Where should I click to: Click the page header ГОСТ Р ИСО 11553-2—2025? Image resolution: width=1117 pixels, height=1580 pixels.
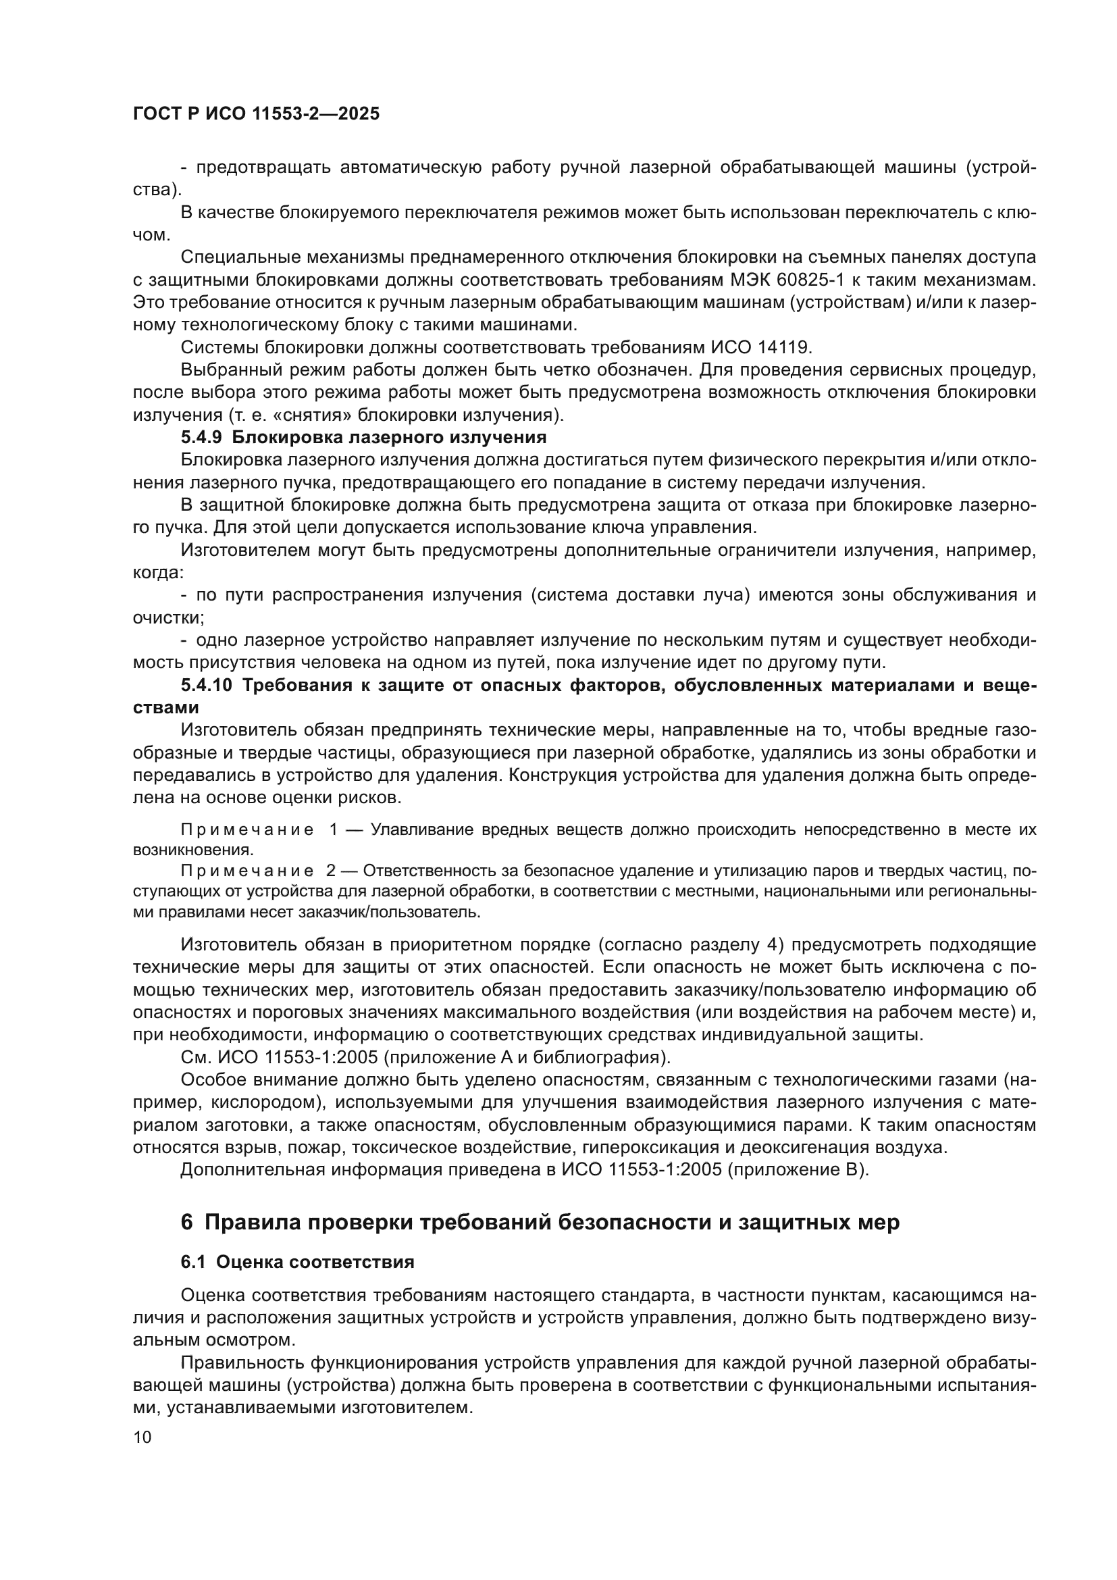pyautogui.click(x=256, y=113)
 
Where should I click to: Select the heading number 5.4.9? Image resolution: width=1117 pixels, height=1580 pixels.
pyautogui.click(x=201, y=438)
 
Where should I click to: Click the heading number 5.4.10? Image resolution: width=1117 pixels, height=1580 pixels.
pyautogui.click(x=207, y=686)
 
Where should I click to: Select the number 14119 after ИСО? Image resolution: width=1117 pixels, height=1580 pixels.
pyautogui.click(x=785, y=347)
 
